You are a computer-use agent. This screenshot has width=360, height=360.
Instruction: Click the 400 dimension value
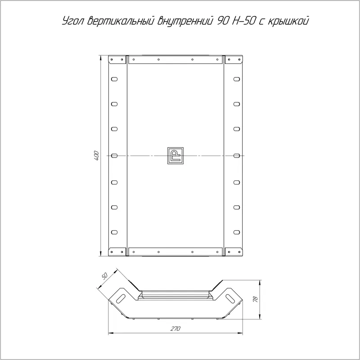point(96,156)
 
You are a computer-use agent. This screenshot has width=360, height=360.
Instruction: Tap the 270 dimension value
point(175,328)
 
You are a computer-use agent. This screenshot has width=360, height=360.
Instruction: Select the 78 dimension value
point(255,299)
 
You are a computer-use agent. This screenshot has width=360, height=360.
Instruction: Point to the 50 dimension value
point(104,276)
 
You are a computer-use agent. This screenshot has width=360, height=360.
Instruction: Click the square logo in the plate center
point(175,156)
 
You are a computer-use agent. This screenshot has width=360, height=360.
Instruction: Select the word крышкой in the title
point(288,21)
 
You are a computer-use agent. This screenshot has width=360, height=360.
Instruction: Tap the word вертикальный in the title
point(121,21)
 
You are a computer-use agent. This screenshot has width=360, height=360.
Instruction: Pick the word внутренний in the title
point(184,21)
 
